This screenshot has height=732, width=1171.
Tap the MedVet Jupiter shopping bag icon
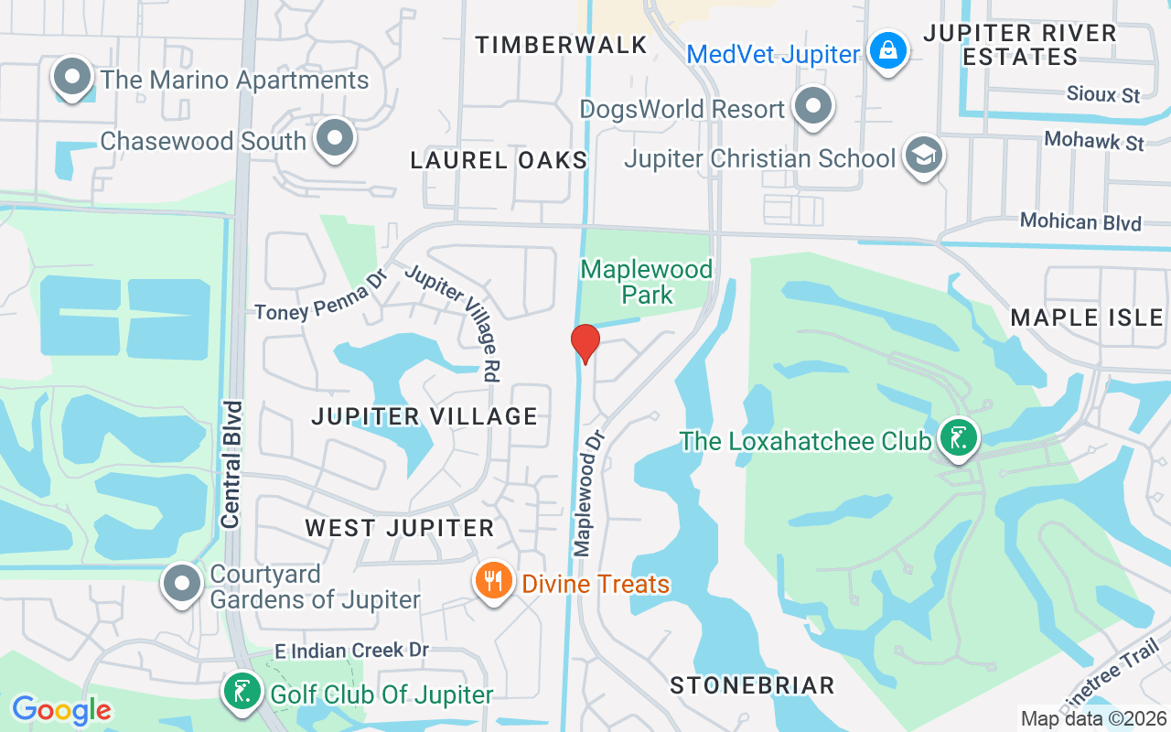click(887, 51)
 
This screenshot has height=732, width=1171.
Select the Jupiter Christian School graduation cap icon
click(923, 156)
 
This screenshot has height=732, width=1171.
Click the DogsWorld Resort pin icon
click(811, 106)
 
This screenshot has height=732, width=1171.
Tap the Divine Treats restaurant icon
click(494, 580)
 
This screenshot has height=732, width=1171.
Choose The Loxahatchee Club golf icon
click(958, 438)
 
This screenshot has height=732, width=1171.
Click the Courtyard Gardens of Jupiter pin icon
click(182, 582)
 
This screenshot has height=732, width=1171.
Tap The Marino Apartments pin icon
click(73, 79)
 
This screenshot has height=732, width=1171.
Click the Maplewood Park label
click(647, 282)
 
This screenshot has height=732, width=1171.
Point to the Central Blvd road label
click(231, 464)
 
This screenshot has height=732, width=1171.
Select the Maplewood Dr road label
click(590, 494)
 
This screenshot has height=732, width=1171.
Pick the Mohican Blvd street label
click(1080, 222)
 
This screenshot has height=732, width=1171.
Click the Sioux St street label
click(1103, 94)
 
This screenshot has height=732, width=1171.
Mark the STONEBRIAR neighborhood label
click(752, 685)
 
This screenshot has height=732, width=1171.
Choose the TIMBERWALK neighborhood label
click(562, 45)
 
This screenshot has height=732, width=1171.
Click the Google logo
click(61, 709)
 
